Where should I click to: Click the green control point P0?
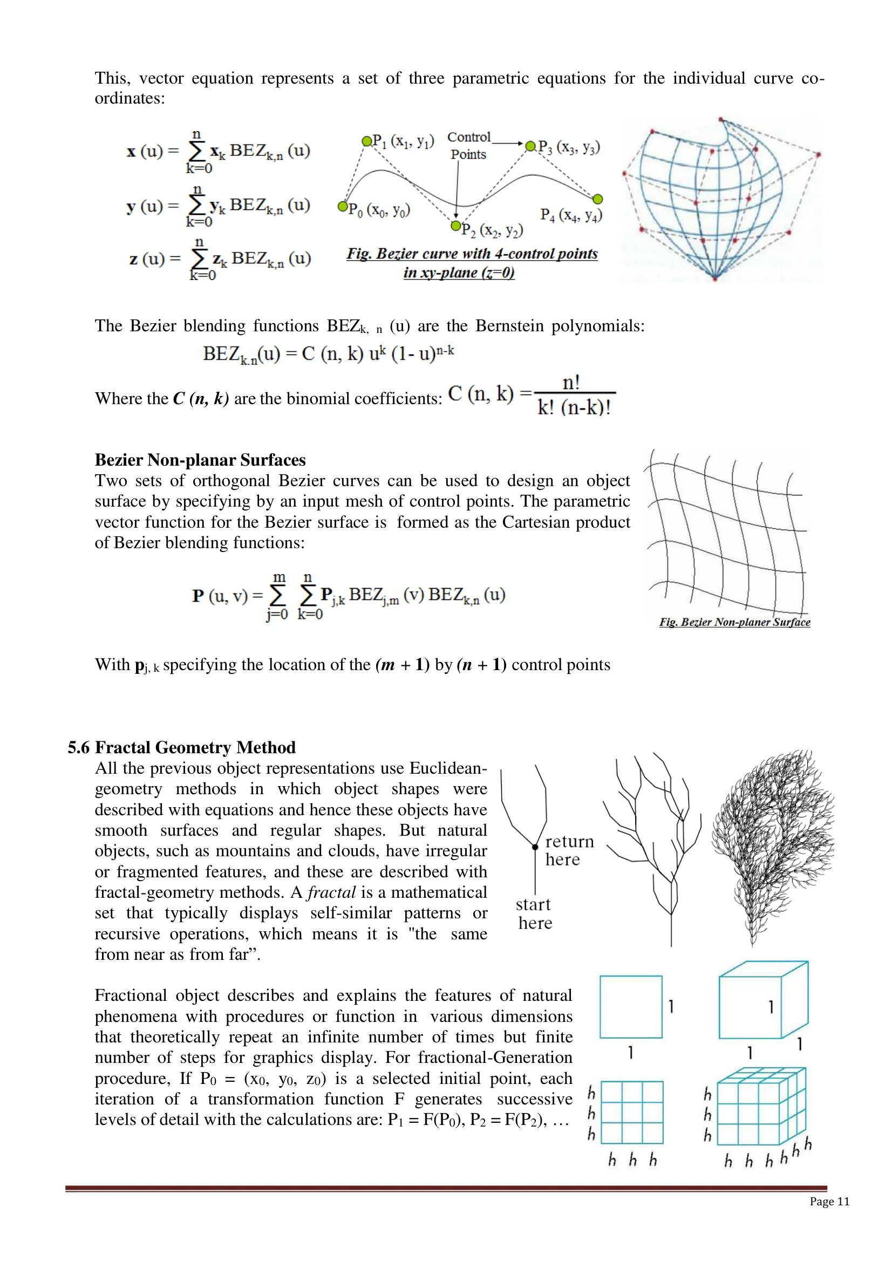[x=343, y=206]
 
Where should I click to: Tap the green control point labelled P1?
[x=366, y=141]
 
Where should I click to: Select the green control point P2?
[x=455, y=226]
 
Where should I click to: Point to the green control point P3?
[x=530, y=146]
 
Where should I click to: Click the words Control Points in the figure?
[x=469, y=146]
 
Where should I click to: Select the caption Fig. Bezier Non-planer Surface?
[x=734, y=622]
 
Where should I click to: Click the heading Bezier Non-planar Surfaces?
[x=200, y=460]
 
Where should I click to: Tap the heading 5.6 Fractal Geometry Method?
[x=181, y=747]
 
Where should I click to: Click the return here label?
[x=569, y=850]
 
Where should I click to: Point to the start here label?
[x=534, y=913]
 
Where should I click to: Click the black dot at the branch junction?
[x=535, y=847]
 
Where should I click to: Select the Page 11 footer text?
[x=829, y=1201]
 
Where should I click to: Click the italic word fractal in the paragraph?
[x=331, y=891]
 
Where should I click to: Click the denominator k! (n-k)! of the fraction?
[x=574, y=407]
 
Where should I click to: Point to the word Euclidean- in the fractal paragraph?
[x=448, y=768]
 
